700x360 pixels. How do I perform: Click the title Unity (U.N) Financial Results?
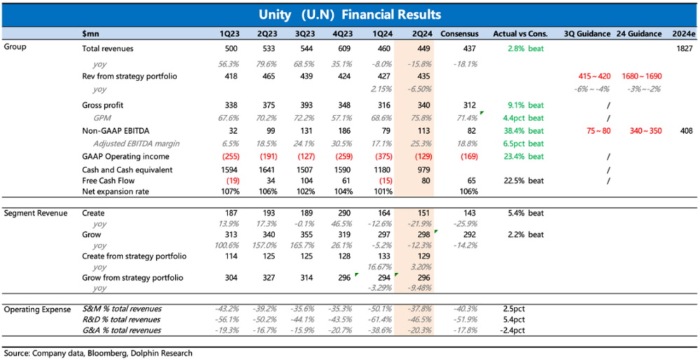[x=349, y=14]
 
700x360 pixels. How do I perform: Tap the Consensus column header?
[x=460, y=34]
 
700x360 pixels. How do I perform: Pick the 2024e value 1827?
[x=685, y=49]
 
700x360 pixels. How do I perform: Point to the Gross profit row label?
[x=103, y=104]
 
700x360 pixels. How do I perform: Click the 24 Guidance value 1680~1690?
[x=640, y=76]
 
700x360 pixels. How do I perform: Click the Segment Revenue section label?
[x=36, y=212]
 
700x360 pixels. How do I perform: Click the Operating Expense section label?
[x=38, y=309]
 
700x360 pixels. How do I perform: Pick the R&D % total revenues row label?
[x=122, y=319]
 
